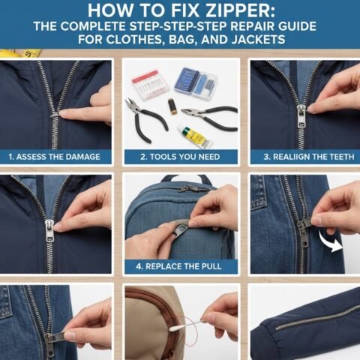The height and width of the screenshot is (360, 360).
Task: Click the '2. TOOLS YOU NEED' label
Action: click(x=180, y=157)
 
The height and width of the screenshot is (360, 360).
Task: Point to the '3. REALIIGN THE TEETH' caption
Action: click(x=304, y=157)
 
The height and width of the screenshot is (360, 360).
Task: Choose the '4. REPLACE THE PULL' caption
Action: click(x=180, y=266)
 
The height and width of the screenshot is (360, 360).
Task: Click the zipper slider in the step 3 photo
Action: click(x=301, y=112)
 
